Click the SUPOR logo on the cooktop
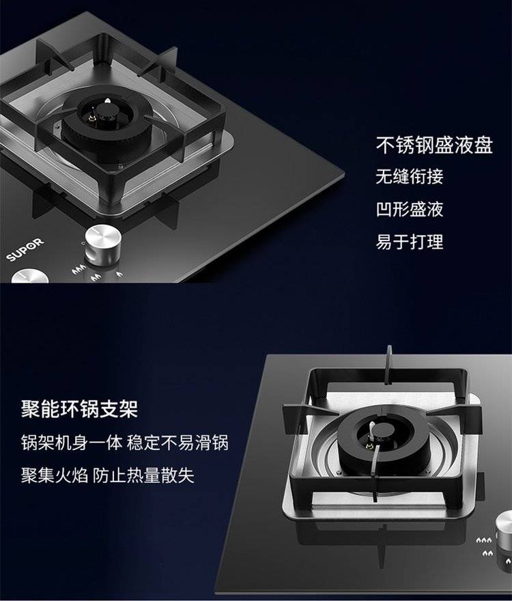coord(25,249)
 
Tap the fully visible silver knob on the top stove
coord(102,244)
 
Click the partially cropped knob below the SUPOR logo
coord(30,276)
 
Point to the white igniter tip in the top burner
coord(108,101)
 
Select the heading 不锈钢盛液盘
coord(434,145)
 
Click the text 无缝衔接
coord(410,177)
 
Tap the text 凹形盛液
coord(410,209)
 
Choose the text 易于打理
coord(410,242)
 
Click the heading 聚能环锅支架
coord(79,409)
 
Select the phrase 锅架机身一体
coord(72,443)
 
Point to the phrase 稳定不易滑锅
coord(177,443)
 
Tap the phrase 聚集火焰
coord(55,475)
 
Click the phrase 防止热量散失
coord(143,475)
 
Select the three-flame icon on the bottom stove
coord(483,540)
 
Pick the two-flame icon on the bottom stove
coord(487,553)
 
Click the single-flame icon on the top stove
coord(119,274)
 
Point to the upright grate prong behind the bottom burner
coord(388,364)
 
